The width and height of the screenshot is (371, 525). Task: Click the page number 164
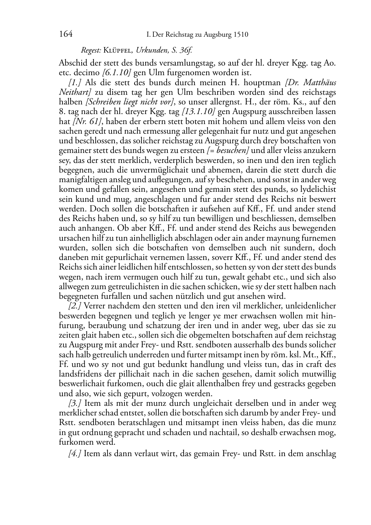tap(65, 34)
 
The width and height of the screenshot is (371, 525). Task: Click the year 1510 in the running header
tap(240, 35)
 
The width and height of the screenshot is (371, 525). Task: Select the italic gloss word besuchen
tap(232, 150)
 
